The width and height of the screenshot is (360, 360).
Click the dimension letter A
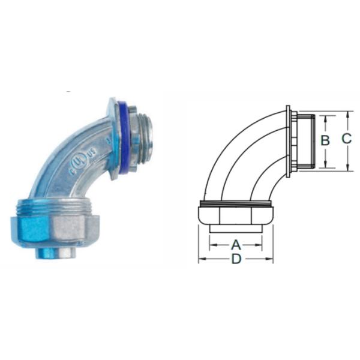[x=236, y=245]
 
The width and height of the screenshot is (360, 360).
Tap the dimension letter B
[x=325, y=140]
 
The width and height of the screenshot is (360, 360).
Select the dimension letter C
[x=347, y=139]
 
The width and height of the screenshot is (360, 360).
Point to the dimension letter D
[x=236, y=259]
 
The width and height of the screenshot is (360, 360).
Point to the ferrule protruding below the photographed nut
[x=56, y=252]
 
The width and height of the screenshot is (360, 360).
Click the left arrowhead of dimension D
[x=202, y=259]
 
